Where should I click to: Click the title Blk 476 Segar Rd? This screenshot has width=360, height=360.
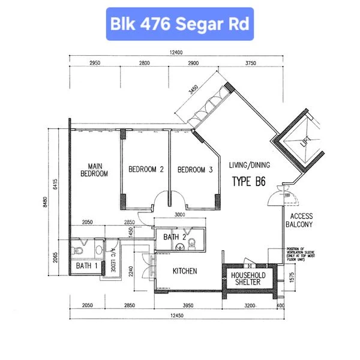coord(178,24)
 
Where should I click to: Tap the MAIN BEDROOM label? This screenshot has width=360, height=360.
coord(94,170)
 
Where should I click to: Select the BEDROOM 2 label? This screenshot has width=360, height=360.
coord(146,170)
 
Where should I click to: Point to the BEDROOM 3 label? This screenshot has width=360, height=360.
coord(195,170)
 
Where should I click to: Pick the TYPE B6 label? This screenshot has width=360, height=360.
coord(250,181)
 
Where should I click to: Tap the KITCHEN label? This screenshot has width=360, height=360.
coord(185,271)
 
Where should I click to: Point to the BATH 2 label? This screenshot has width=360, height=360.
coord(175,238)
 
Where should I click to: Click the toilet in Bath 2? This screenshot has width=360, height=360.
coord(192,242)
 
